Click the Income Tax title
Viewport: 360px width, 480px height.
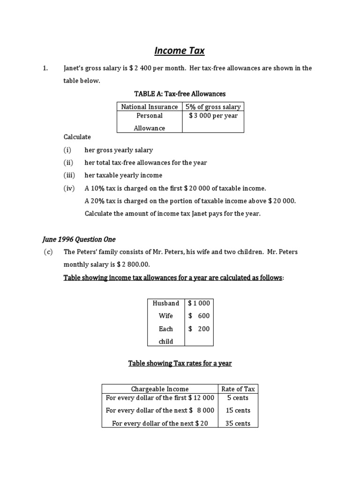tap(180, 50)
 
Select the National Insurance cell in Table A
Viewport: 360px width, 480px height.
tap(149, 107)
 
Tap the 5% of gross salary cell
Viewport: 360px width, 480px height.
tap(213, 107)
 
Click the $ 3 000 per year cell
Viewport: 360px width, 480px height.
tap(213, 116)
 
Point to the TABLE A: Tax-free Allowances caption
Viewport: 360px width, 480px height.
tap(180, 94)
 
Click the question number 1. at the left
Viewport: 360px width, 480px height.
tap(45, 68)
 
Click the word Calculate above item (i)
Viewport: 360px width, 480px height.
tap(77, 137)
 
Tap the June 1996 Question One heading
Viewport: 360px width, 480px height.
tap(79, 239)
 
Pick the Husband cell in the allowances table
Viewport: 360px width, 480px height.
tap(166, 303)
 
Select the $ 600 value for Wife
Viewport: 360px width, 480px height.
tap(199, 316)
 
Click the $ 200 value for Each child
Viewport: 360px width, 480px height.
tap(199, 329)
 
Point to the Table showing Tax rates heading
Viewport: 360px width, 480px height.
tap(180, 363)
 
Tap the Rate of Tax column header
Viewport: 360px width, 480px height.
tap(238, 389)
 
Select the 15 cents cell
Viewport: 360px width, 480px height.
tap(238, 410)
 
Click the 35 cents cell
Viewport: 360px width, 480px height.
tap(238, 423)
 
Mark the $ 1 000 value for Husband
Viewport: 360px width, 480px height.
tap(199, 303)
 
